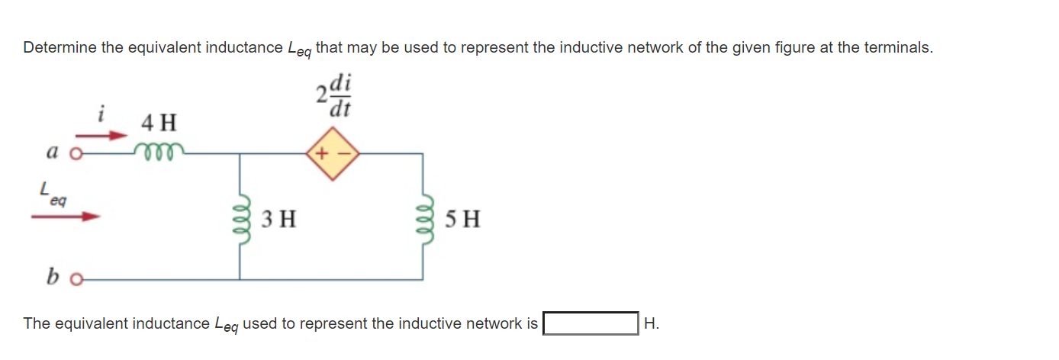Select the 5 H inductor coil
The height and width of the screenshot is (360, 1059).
tap(424, 219)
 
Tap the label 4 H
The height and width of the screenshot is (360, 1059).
tap(159, 122)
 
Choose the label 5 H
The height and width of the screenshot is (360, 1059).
tap(462, 220)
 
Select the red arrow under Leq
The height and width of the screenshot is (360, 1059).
tap(66, 217)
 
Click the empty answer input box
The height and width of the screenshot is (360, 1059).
tap(591, 323)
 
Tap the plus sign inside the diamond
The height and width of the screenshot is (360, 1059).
tap(323, 154)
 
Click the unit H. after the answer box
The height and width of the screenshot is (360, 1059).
tap(651, 323)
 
